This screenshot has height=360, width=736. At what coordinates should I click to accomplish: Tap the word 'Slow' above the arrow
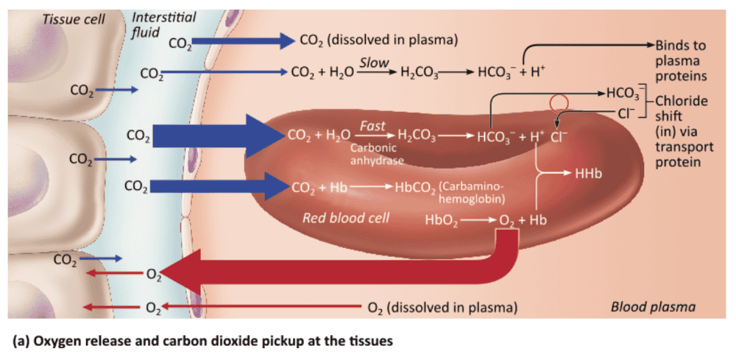tap(374, 63)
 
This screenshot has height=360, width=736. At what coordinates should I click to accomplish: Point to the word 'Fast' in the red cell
tap(372, 127)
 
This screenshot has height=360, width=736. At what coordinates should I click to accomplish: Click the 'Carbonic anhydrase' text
tap(374, 154)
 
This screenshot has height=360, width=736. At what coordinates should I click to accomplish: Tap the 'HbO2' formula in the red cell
tap(442, 219)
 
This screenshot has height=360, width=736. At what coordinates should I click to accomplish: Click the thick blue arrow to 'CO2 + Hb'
tap(221, 186)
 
